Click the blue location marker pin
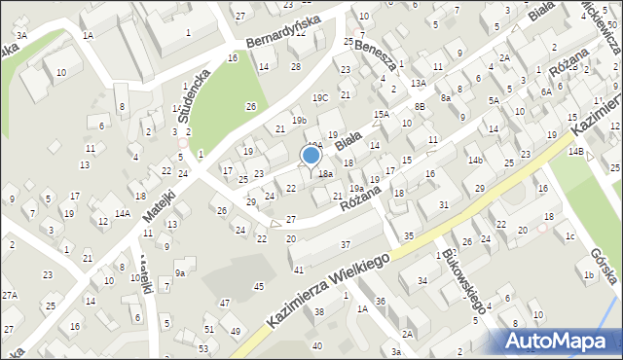point(311,157)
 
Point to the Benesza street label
point(376,56)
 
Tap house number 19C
point(320,98)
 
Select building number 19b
point(299,120)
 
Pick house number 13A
point(419,85)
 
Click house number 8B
point(420,106)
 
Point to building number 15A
point(383,114)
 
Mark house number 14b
point(475,160)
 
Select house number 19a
point(356,188)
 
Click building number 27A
point(10,295)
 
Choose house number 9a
point(180,273)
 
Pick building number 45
point(258,286)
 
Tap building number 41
point(299,269)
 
